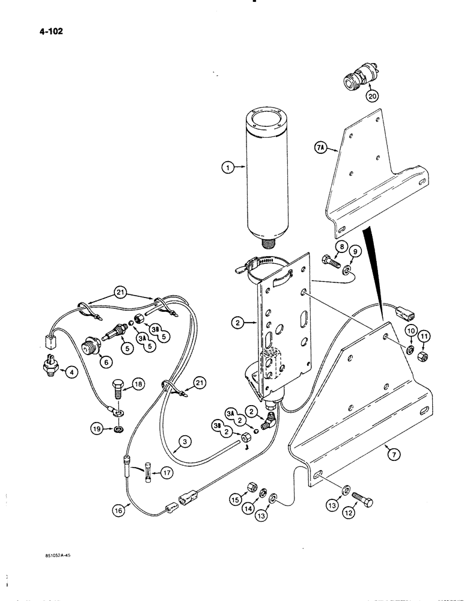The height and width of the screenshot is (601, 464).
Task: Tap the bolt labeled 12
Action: click(x=361, y=499)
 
